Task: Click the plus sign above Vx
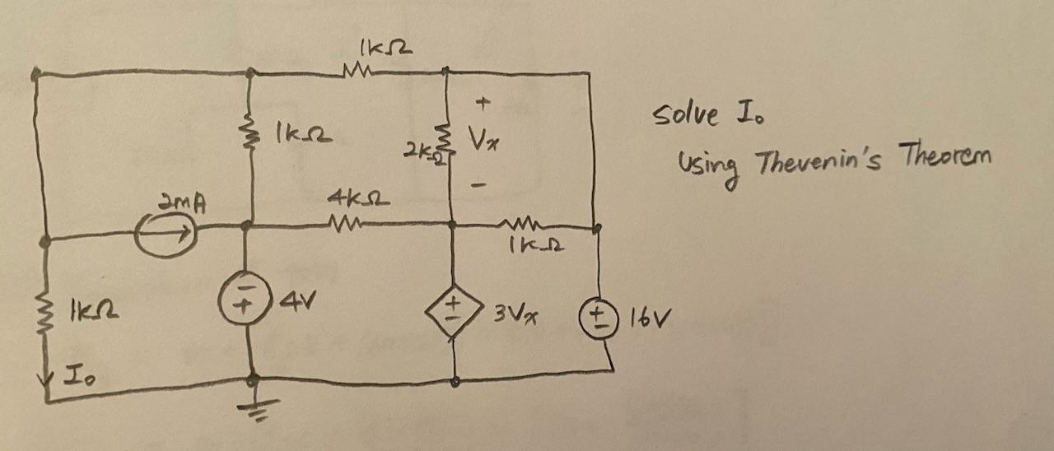pyautogui.click(x=483, y=104)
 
